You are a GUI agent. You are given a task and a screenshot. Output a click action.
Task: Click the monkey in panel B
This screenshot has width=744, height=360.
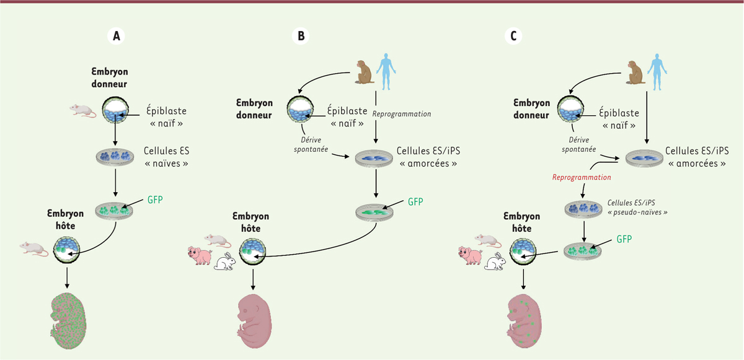coord(365,69)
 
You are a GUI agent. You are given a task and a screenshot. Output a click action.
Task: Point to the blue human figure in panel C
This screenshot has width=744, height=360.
coord(657,68)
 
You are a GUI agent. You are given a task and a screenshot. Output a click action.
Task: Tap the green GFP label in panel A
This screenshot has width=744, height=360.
coord(154,201)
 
